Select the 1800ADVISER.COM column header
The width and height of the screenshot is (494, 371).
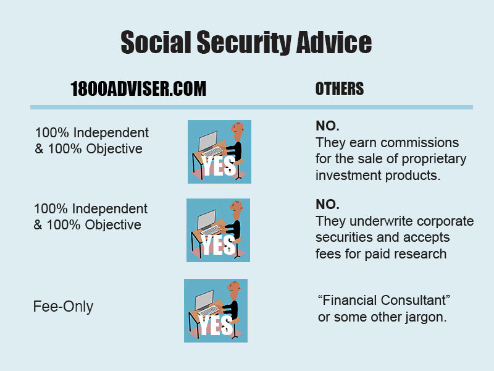138,89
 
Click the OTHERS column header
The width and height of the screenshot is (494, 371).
340,89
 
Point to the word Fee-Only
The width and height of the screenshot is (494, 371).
63,307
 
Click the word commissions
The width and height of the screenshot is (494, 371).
419,143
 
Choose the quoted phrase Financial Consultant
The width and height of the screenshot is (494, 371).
383,301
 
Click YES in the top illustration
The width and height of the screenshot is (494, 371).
219,166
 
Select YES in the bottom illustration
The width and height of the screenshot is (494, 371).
216,325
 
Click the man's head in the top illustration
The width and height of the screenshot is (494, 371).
238,130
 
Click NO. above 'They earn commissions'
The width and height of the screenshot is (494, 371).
327,126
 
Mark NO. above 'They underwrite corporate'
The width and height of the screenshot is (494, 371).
327,205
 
